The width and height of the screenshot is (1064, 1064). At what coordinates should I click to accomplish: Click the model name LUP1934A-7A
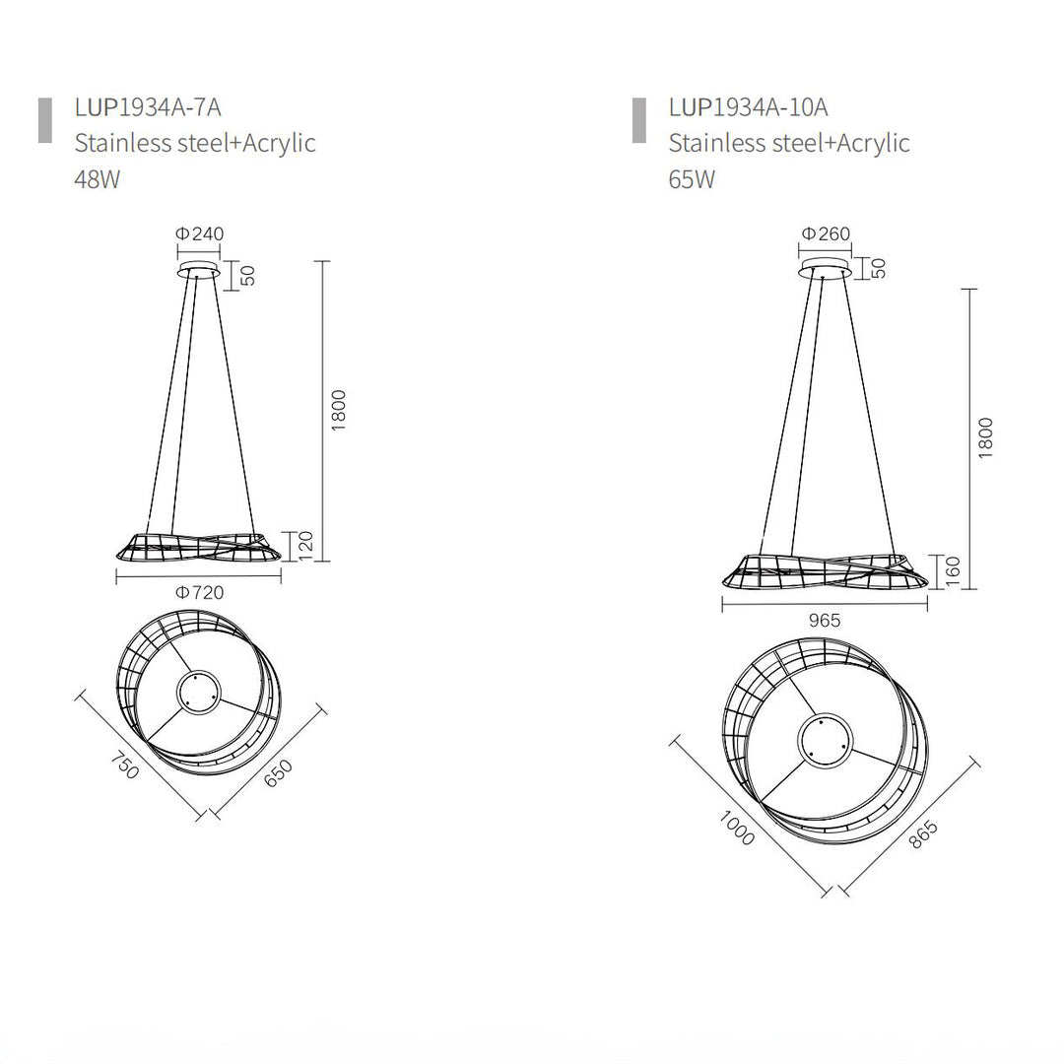(x=148, y=107)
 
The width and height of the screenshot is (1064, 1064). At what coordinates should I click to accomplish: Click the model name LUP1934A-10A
(x=749, y=107)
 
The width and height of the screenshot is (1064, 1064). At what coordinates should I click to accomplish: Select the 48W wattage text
(x=97, y=179)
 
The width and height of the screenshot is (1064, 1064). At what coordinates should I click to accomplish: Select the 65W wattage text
(x=692, y=179)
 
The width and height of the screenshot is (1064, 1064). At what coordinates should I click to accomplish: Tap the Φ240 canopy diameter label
(x=199, y=233)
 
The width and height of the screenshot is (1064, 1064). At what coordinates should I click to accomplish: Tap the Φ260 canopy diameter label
(x=826, y=233)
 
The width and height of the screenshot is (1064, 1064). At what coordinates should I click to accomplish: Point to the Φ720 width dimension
(x=199, y=592)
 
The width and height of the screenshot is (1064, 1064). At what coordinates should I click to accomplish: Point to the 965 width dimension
(x=825, y=621)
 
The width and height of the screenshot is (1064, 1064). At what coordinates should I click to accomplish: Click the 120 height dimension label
(x=306, y=546)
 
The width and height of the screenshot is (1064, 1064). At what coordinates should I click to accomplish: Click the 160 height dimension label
(x=953, y=571)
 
